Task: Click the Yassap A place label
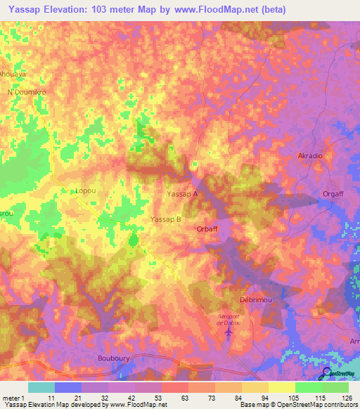182,193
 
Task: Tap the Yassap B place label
167,219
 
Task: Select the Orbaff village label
209,228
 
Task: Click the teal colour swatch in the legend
41,387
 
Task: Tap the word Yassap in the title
24,9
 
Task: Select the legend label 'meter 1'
13,398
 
